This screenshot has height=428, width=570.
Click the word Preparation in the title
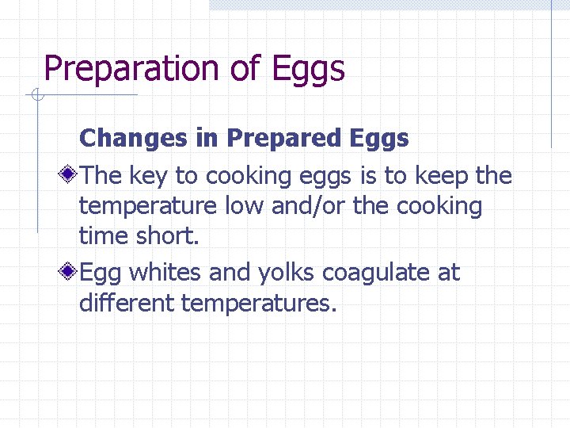tap(133, 69)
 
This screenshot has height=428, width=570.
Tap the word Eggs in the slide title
tap(309, 69)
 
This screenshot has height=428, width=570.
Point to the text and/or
tap(310, 207)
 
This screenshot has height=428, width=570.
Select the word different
tap(127, 303)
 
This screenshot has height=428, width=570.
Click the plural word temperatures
tap(259, 304)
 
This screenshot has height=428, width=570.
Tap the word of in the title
tap(245, 69)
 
